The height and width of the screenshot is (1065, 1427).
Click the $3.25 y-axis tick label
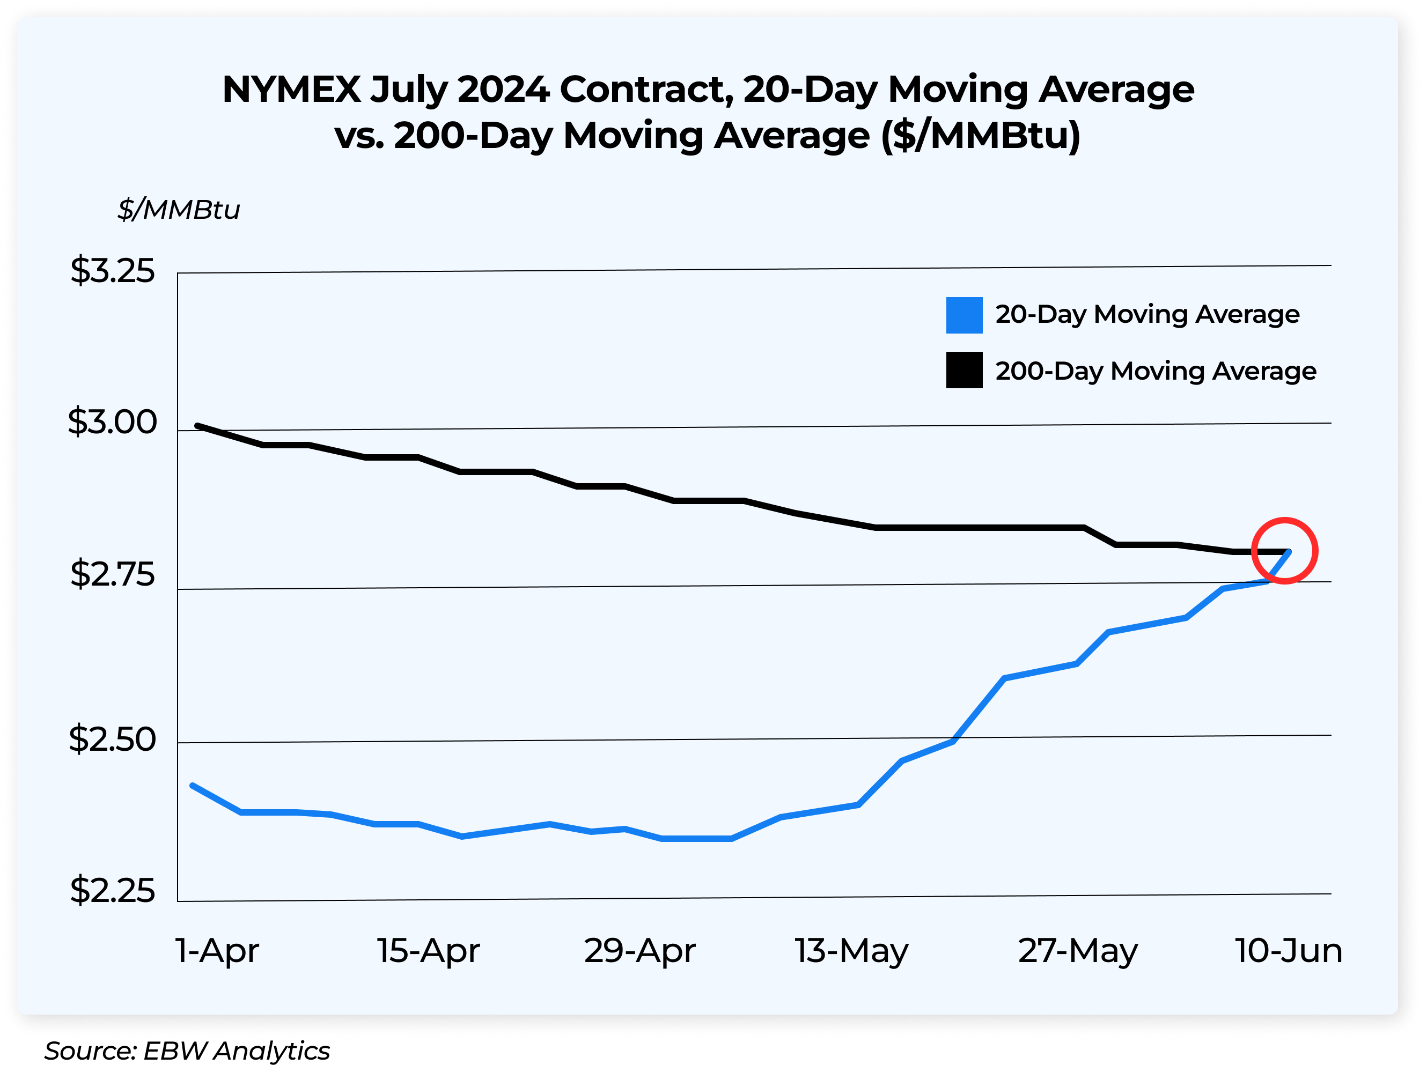click(x=112, y=270)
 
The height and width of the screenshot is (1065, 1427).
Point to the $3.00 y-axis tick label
click(x=112, y=422)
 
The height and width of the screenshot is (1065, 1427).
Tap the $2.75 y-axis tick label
click(x=112, y=574)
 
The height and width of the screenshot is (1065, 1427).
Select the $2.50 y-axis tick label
click(x=112, y=739)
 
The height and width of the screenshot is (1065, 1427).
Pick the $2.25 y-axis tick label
click(x=112, y=890)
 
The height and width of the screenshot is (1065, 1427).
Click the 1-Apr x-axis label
click(x=217, y=950)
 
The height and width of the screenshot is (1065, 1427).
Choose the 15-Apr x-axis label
click(x=429, y=950)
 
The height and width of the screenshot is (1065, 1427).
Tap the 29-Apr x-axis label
click(x=639, y=950)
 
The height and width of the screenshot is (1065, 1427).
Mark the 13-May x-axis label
click(x=851, y=951)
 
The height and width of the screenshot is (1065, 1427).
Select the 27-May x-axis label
click(x=1078, y=951)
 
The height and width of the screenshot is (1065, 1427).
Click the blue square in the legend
click(x=964, y=315)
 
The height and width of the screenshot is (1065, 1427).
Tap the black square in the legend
click(x=964, y=370)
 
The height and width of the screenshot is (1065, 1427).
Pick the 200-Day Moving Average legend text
click(x=1156, y=371)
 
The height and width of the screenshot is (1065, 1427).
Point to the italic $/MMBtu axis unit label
click(x=179, y=210)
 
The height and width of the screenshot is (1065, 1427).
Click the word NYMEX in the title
click(x=291, y=89)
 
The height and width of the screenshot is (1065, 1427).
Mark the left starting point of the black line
click(x=197, y=425)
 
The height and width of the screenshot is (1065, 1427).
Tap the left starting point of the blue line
click(x=192, y=785)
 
